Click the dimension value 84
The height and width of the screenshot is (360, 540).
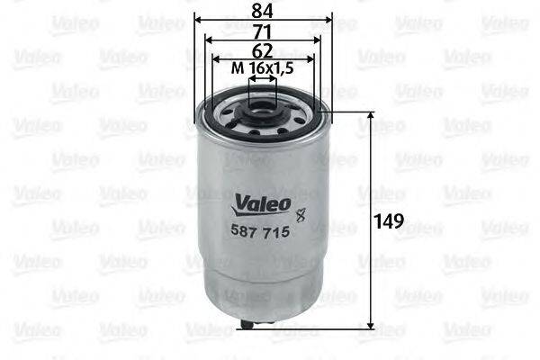tap(264, 11)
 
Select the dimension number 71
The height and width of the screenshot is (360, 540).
tap(264, 31)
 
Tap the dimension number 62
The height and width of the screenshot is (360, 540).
tap(264, 50)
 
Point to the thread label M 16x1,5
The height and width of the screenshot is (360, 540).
tap(262, 68)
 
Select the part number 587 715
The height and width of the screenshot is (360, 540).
tap(262, 231)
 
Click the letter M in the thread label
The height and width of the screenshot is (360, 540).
tap(237, 68)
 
